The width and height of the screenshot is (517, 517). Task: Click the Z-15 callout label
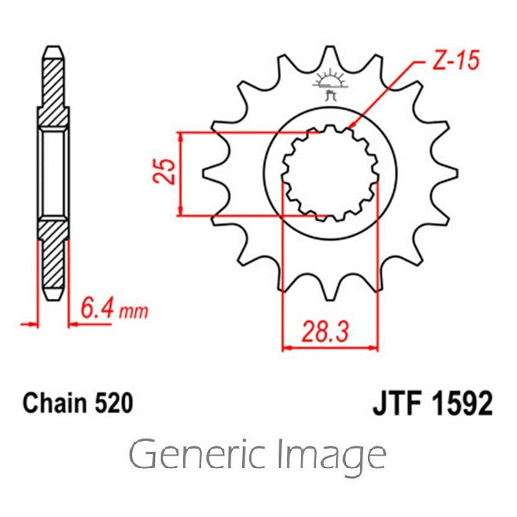pos(456,61)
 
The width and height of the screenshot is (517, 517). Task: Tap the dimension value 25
pos(165,172)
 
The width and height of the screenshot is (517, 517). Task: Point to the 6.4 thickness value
pos(98,309)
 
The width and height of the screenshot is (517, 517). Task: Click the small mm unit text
pos(134,312)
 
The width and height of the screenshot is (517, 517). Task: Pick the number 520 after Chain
pos(114,403)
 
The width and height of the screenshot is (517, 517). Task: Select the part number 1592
pos(462,404)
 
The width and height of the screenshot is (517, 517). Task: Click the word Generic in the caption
pos(197,454)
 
